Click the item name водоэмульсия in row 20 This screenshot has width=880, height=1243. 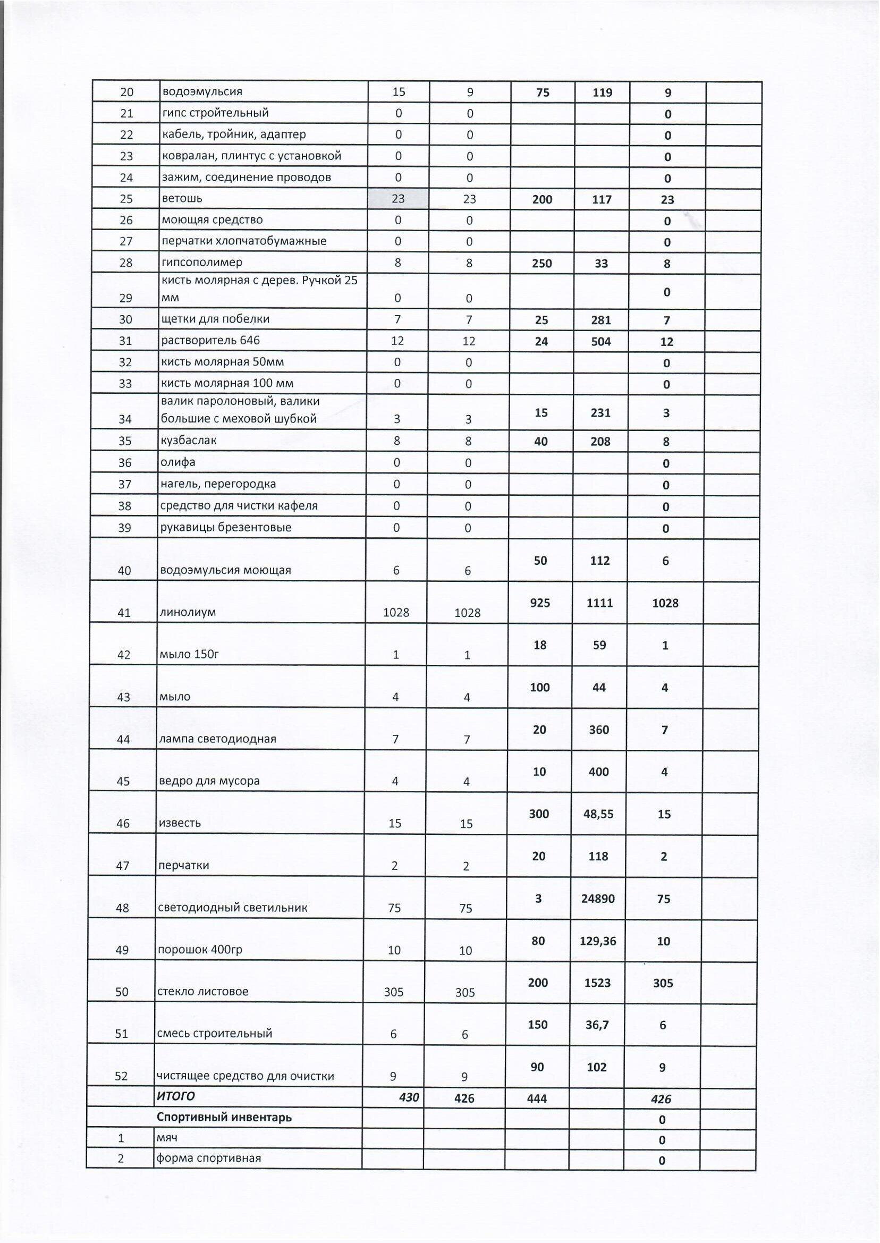(202, 91)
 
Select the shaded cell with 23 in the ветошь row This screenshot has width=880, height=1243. (398, 199)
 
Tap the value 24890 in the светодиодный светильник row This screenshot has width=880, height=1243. (598, 899)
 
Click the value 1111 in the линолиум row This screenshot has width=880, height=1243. (599, 603)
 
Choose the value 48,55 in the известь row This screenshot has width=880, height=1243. (599, 814)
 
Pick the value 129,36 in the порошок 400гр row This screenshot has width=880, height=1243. (598, 941)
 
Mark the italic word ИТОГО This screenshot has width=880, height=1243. (175, 1096)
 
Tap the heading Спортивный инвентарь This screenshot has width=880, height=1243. (224, 1117)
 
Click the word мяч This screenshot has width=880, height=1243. (167, 1138)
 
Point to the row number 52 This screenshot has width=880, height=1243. (121, 1076)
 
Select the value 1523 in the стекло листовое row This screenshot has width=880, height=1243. (598, 983)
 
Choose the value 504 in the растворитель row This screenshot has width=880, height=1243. (601, 341)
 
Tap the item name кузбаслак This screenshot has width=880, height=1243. (189, 440)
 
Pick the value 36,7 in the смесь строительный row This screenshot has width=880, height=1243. (598, 1025)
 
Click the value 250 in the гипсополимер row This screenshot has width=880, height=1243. (542, 264)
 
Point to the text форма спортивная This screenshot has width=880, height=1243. (209, 1159)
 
